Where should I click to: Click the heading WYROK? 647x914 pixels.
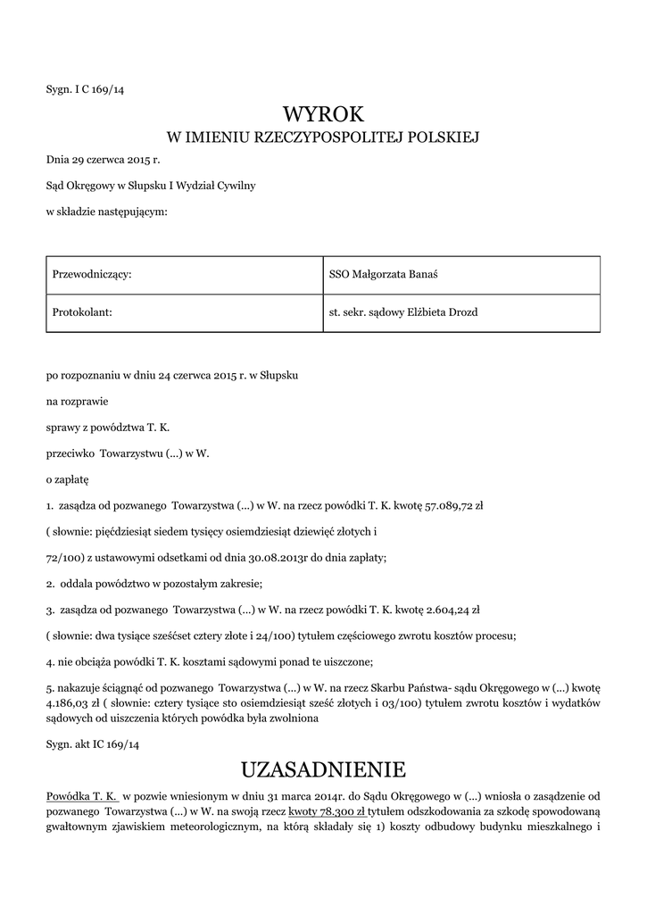click(x=323, y=114)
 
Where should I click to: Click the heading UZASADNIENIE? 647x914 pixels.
click(x=323, y=769)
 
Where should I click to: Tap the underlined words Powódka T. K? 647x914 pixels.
click(x=82, y=794)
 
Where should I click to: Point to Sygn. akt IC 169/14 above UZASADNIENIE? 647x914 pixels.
click(x=93, y=743)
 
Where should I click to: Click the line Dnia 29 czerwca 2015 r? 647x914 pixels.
click(x=103, y=161)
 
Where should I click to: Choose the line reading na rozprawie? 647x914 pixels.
click(x=77, y=402)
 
